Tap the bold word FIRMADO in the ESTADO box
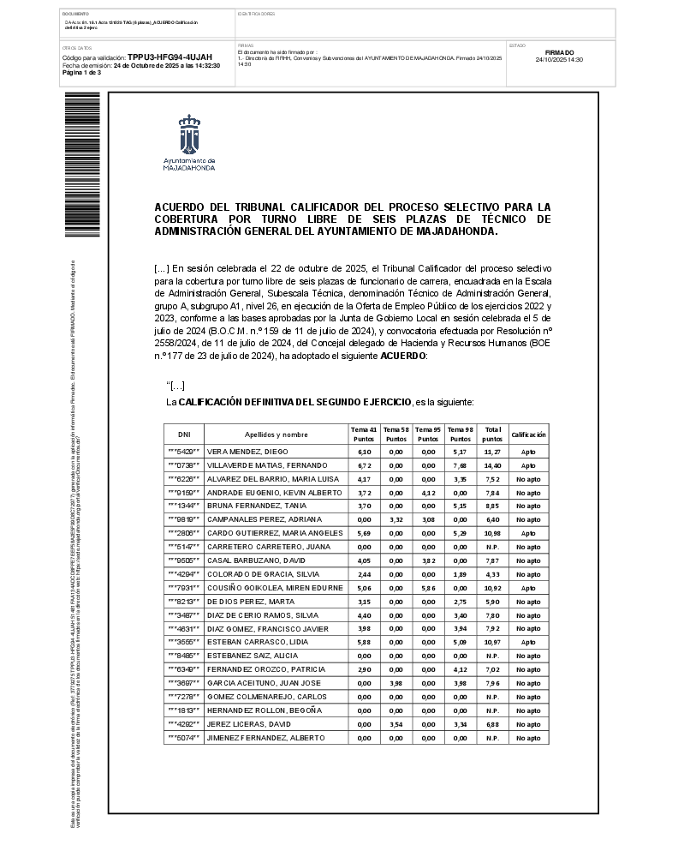coord(559,52)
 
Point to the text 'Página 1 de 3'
coord(82,73)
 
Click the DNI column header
coord(184,434)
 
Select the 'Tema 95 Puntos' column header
coord(427,434)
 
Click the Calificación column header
coord(528,434)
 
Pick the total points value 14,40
coord(492,464)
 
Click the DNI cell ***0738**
coord(184,464)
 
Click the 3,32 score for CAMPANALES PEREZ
coord(395,519)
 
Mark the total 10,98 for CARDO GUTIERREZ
coord(492,533)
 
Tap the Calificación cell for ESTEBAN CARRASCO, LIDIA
coord(528,643)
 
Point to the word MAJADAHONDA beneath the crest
coord(189,168)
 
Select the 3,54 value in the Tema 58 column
coord(395,725)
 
